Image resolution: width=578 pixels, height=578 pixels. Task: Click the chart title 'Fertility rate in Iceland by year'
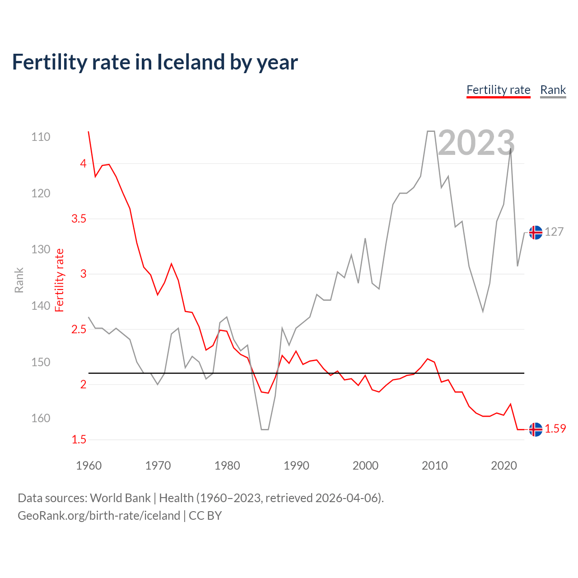point(155,62)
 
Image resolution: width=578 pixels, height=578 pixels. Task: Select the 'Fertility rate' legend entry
point(498,90)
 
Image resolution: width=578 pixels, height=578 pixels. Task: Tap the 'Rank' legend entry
point(553,90)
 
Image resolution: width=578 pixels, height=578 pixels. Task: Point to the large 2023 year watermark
point(476,143)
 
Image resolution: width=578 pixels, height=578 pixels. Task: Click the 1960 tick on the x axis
point(89,466)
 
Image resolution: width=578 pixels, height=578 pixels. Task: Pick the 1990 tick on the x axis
point(296,466)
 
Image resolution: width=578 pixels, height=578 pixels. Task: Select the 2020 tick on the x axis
point(503,466)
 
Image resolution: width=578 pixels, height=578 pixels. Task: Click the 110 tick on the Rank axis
point(41,137)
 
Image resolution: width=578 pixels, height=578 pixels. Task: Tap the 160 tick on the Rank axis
point(41,418)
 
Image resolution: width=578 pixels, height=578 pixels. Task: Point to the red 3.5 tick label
point(79,219)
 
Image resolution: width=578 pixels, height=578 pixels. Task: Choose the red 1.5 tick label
point(79,440)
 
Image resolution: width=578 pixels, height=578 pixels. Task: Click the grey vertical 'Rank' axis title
point(19,280)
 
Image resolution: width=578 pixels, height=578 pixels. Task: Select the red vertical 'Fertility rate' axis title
point(60,280)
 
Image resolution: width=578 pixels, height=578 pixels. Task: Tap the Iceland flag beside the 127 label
point(536,232)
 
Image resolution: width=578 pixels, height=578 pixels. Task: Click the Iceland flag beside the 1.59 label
point(536,429)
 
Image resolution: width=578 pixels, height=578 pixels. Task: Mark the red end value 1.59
point(555,429)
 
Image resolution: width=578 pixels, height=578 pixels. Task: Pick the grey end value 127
point(554,232)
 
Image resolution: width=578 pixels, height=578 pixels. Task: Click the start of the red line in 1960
point(89,132)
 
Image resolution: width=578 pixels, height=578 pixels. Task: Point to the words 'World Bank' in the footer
point(120,498)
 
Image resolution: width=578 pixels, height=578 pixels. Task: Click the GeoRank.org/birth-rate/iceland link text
point(99,516)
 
